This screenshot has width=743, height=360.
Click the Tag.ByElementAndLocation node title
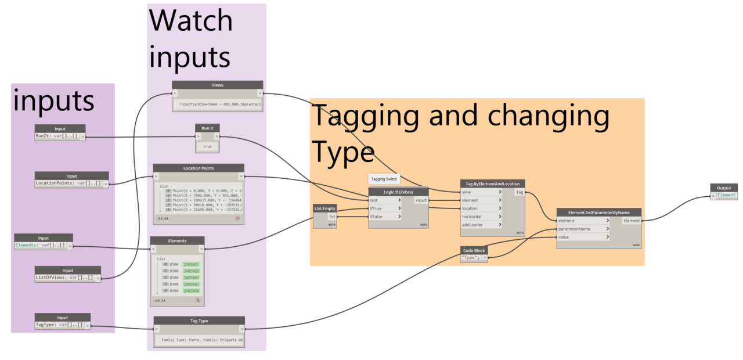click(492, 183)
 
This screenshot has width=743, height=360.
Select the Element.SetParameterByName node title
click(599, 212)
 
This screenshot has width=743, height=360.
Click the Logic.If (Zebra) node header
click(398, 192)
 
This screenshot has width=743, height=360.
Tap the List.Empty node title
click(325, 207)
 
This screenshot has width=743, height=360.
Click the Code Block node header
click(474, 250)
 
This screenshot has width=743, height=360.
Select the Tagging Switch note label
click(384, 179)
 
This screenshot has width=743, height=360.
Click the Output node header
click(724, 188)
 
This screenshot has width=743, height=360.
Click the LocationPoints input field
click(68, 183)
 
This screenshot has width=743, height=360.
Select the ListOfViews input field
click(64, 278)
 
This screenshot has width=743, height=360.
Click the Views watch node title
click(217, 85)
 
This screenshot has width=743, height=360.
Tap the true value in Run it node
click(207, 146)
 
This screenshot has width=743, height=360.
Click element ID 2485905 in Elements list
click(191, 278)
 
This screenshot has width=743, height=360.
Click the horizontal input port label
click(471, 217)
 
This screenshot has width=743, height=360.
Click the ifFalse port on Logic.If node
click(378, 217)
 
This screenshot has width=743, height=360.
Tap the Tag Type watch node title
click(199, 321)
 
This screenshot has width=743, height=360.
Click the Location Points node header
click(199, 168)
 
